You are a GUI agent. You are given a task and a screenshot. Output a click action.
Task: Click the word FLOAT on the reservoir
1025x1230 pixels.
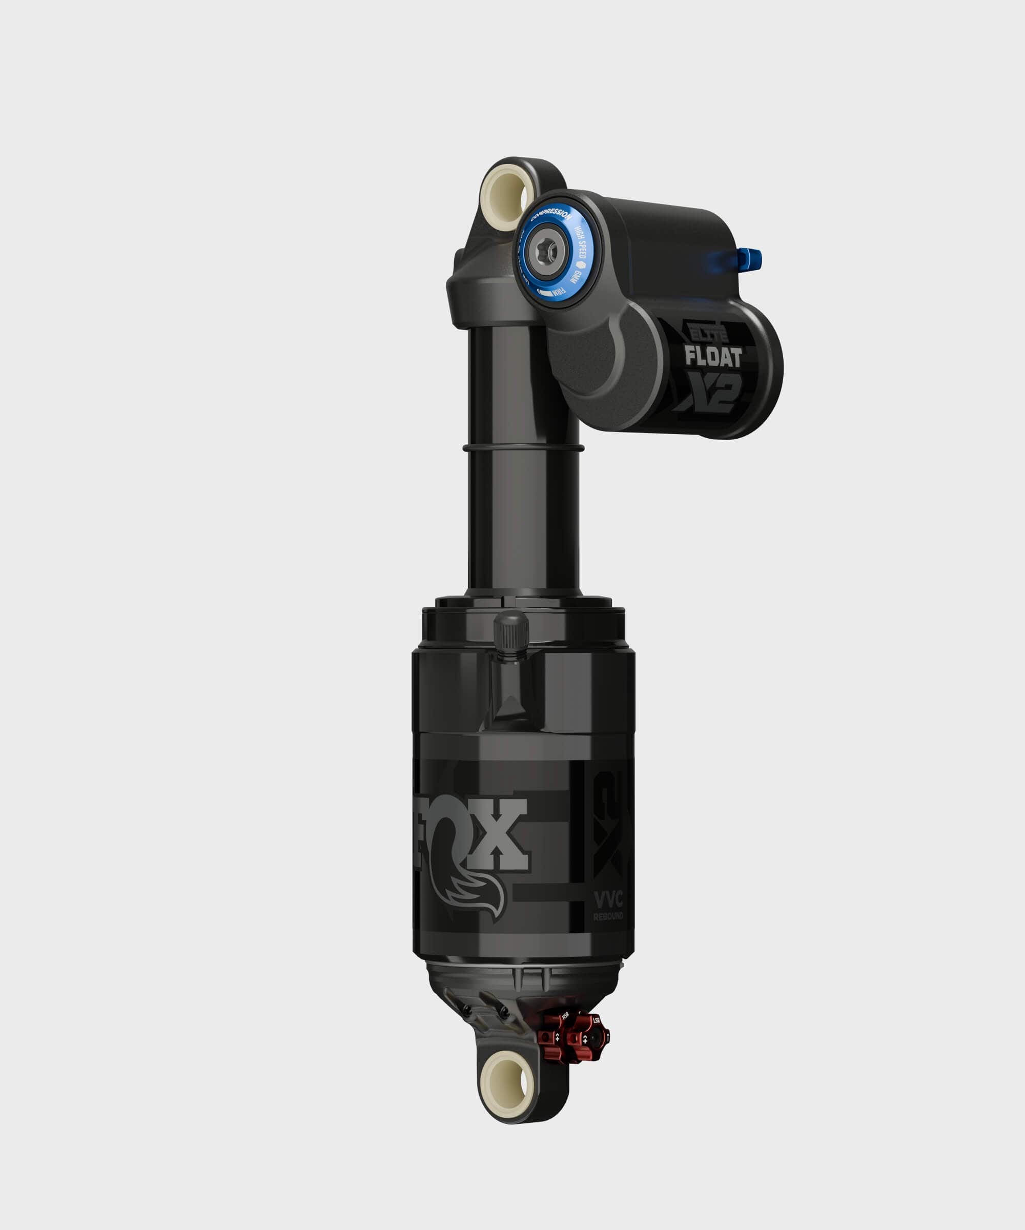713,357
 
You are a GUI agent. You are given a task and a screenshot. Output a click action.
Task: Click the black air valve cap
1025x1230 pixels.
511,634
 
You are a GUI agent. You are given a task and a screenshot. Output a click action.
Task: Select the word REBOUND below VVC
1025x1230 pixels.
608,916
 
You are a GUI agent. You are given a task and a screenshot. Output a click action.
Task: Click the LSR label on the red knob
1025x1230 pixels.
596,1020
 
